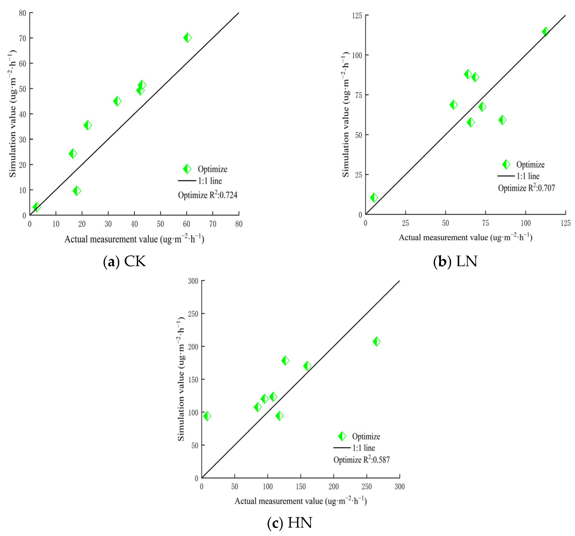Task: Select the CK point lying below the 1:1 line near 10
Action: (x=77, y=191)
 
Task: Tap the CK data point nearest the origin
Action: (x=37, y=207)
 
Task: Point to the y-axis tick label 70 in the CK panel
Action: (x=23, y=38)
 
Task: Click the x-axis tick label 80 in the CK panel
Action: (x=239, y=224)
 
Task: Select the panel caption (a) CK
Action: (x=124, y=261)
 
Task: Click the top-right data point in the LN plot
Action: (x=546, y=32)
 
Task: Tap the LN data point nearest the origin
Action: (x=374, y=198)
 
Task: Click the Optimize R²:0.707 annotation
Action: (x=526, y=188)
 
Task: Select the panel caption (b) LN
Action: (x=455, y=261)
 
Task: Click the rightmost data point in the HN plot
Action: (x=376, y=341)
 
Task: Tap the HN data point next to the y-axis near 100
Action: (x=207, y=416)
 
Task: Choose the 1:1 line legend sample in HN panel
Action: (x=342, y=448)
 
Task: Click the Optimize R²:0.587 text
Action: (x=361, y=460)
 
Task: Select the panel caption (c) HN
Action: (x=290, y=523)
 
